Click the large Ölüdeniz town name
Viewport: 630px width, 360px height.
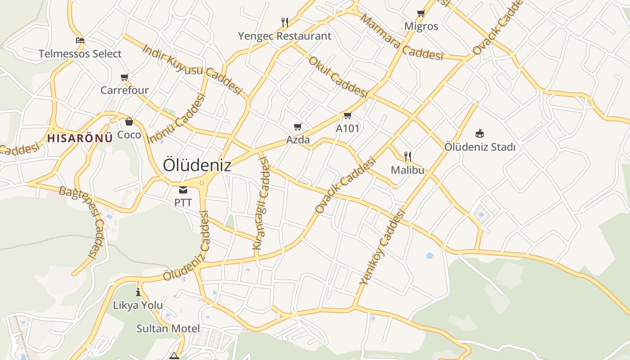point(197,165)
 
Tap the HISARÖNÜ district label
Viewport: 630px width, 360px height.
point(80,138)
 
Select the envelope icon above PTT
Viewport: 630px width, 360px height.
point(183,189)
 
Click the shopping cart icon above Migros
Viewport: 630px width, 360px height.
point(421,13)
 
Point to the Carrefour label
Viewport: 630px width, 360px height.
point(124,90)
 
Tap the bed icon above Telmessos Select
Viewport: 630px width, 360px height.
point(80,40)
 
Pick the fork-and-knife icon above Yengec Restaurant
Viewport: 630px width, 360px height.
point(284,22)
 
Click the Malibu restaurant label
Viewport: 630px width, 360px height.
point(407,170)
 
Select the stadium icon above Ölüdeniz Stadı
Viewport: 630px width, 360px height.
point(480,133)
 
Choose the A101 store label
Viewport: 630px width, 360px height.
point(348,128)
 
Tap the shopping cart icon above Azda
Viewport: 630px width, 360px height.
point(297,126)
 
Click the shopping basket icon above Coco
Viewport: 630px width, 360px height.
point(129,121)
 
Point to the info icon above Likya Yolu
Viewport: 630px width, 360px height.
point(138,292)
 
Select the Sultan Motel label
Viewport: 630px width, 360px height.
point(168,328)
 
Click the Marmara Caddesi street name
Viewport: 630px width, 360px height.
point(402,38)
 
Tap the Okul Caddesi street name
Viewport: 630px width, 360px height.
point(338,76)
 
